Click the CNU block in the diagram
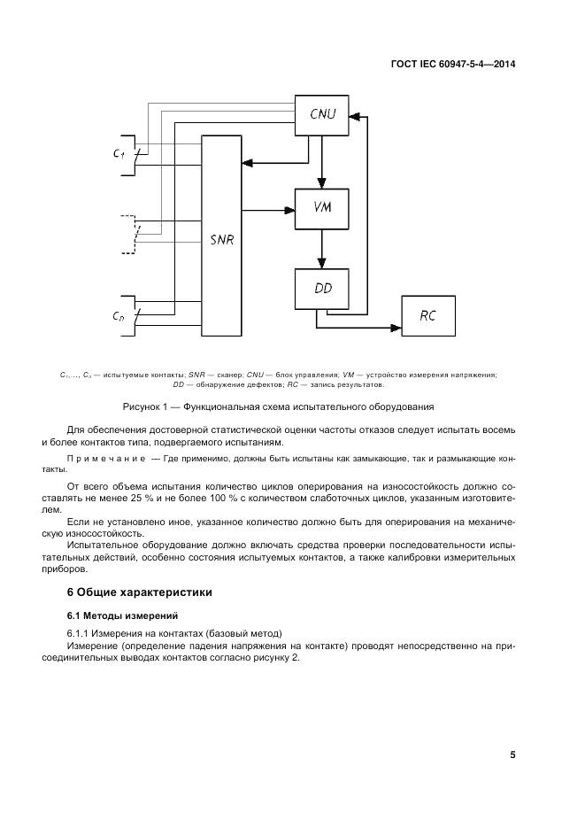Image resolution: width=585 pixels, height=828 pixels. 321,113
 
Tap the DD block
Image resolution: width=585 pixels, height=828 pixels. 321,288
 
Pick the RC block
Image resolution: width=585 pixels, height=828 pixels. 428,316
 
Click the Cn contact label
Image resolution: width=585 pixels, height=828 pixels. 118,316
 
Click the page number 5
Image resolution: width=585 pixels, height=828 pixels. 512,754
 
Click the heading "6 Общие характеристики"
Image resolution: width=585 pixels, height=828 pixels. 140,592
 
